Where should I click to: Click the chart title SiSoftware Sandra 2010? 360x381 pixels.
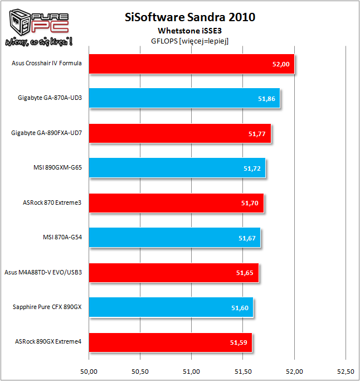pos(191,17)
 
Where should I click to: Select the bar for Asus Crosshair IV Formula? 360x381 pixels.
pos(191,64)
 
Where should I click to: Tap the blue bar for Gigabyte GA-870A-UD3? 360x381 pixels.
pos(184,98)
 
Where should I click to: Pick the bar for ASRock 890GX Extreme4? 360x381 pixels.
pos(170,342)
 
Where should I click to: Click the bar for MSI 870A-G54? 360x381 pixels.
pos(174,238)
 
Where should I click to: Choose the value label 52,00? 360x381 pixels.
pos(281,64)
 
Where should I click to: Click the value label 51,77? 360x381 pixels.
pos(257,134)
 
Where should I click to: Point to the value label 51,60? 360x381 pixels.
pos(240,308)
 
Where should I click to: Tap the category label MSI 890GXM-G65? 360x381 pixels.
pos(58,168)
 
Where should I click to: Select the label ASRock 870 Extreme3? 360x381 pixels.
pos(53,202)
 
